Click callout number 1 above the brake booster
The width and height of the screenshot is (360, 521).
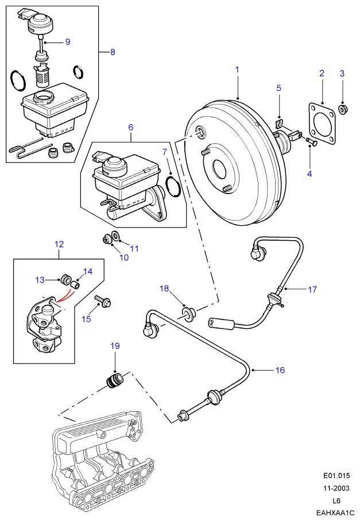point(237,70)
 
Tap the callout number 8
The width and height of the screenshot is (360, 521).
point(113,52)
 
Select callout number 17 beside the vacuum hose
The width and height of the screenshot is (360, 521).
point(312,290)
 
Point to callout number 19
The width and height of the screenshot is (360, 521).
point(115,346)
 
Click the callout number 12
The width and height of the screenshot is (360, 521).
point(59,244)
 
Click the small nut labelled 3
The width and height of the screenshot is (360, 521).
point(343,109)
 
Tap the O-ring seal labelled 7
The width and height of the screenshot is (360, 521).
point(171,186)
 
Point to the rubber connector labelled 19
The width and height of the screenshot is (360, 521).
point(114,381)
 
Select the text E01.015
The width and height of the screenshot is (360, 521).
point(336,476)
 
